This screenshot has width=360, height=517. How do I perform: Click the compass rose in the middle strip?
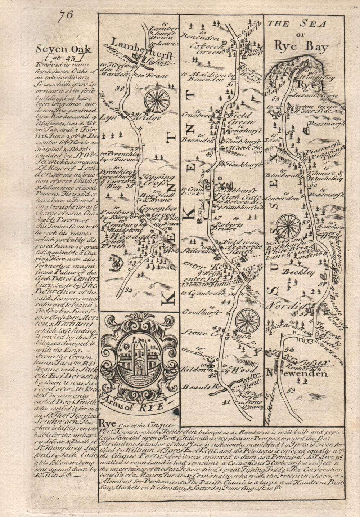point(248,320)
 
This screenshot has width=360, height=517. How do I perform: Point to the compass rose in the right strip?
point(288,226)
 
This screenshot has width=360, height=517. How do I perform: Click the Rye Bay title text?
point(301,47)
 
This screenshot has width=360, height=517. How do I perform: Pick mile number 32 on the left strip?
point(129,290)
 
